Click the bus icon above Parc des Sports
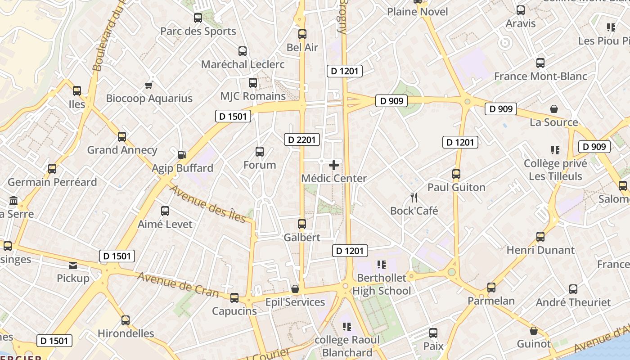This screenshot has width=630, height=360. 198,18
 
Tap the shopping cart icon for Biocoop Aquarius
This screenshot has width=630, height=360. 148,85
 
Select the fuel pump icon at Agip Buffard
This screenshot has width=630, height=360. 182,155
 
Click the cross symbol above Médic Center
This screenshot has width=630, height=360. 334,165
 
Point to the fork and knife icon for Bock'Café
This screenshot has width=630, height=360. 414,197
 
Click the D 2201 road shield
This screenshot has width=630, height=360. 302,140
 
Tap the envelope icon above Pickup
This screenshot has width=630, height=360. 73,265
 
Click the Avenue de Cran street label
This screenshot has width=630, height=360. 178,284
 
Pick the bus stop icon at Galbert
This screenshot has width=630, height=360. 302,224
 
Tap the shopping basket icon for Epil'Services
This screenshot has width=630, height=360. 295,288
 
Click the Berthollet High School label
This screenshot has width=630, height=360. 382,284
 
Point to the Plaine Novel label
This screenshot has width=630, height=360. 418,12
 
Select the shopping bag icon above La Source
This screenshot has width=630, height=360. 554,109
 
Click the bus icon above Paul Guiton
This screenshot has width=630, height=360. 456,174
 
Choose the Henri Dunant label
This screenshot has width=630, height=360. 540,250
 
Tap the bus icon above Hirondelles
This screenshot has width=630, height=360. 126,320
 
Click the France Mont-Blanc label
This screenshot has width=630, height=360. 540,76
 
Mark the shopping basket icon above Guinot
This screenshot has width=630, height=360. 534,331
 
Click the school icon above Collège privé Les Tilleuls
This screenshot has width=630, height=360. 555,150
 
